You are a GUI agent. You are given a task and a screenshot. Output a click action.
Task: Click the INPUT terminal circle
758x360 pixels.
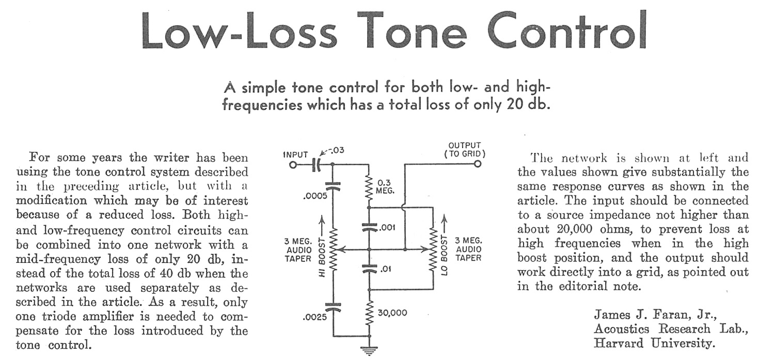click(293, 165)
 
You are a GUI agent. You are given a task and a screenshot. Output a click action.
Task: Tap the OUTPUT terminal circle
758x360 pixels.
click(478, 164)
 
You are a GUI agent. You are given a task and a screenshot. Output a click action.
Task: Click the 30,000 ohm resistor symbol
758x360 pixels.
click(369, 313)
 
